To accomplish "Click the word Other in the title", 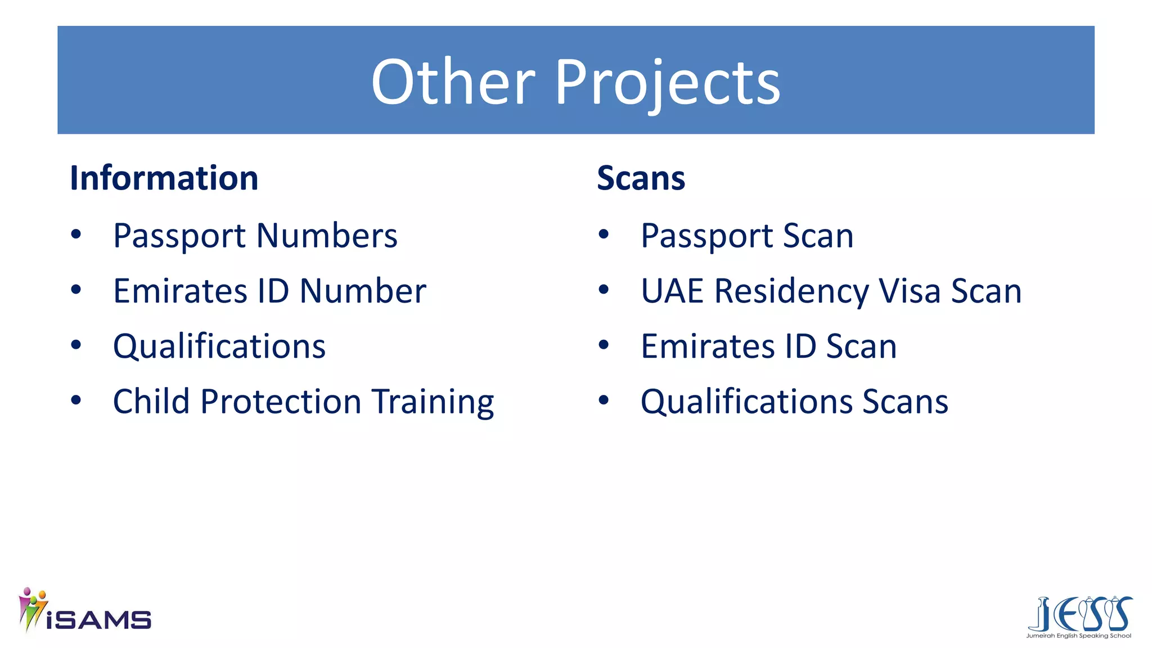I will click(x=453, y=83).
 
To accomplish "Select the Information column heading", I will click(x=164, y=178).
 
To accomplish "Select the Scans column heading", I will click(x=641, y=178).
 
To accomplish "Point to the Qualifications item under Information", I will click(x=219, y=346).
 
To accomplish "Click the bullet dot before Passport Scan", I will click(x=604, y=234).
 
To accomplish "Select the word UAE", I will click(x=672, y=291).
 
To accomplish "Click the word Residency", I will click(x=792, y=292).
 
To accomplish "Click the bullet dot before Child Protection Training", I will click(x=76, y=400).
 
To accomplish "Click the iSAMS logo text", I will click(x=98, y=620).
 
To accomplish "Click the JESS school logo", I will click(x=1079, y=616).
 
